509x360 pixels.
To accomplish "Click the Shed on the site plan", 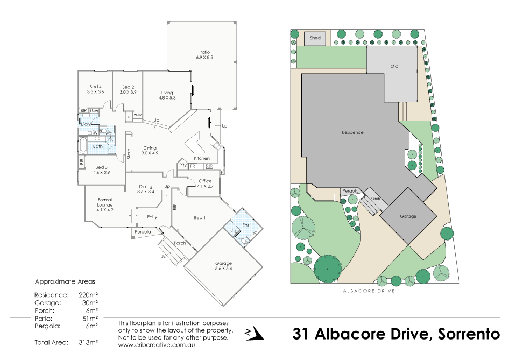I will (x=315, y=38).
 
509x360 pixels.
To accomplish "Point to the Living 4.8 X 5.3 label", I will (x=167, y=95).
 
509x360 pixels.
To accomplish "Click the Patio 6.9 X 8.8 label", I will (x=204, y=54).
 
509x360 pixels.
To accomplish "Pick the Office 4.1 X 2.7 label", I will (x=205, y=183).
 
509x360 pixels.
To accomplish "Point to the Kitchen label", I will (x=201, y=158).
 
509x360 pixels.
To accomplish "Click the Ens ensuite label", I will (x=245, y=224).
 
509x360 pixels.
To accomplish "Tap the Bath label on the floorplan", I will (x=98, y=146).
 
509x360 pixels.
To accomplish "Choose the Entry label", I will (x=152, y=217).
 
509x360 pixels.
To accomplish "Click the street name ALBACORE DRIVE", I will (x=369, y=291).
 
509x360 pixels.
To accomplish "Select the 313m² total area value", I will (x=88, y=342).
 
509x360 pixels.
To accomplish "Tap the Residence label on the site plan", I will (x=352, y=132).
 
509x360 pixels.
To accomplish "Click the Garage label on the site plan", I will (x=408, y=216).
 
